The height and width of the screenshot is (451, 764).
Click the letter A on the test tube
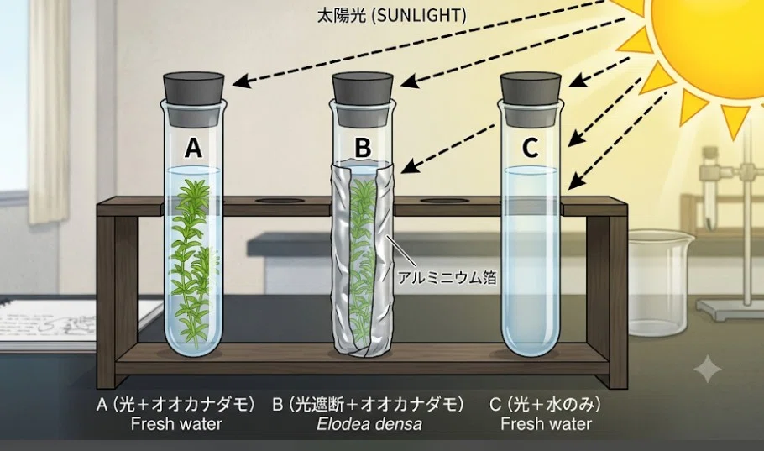[x=193, y=148]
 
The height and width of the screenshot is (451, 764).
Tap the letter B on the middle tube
[x=363, y=147]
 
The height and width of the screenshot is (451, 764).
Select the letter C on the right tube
[x=530, y=147]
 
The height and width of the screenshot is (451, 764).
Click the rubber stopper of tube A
[x=194, y=99]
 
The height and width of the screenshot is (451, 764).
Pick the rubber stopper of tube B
[x=363, y=99]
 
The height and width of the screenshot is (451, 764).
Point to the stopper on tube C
[x=531, y=99]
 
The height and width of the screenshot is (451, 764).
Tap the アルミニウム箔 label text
[x=447, y=277]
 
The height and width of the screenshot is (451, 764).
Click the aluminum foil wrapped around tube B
[x=363, y=259]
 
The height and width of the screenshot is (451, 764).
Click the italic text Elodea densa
[x=369, y=423]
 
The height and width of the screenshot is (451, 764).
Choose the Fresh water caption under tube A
[x=176, y=423]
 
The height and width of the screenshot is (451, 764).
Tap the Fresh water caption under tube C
[x=547, y=423]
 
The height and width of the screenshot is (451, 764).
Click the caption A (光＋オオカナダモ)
[x=176, y=404]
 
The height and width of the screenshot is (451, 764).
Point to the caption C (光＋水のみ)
[x=545, y=404]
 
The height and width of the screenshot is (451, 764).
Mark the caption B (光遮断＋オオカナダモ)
[x=368, y=404]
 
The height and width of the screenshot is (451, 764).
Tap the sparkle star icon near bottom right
[x=708, y=369]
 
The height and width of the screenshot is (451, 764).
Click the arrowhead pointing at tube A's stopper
[x=242, y=81]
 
